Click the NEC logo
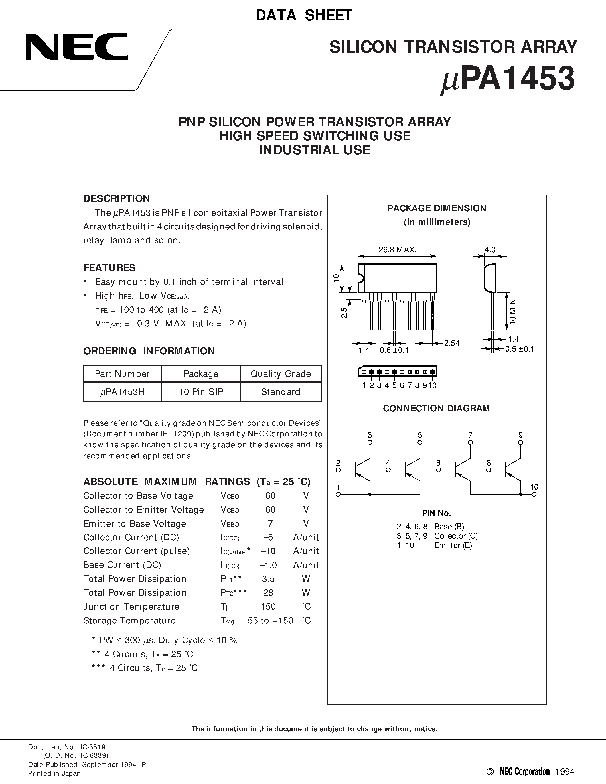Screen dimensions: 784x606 pos(76,47)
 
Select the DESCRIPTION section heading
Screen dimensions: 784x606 pos(117,198)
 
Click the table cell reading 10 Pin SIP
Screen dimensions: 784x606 pos(201,392)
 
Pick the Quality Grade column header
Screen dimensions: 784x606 pos(280,374)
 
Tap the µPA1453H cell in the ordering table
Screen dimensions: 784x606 pos(122,392)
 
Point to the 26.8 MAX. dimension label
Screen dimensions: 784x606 pos(397,249)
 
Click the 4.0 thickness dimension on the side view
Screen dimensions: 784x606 pos(490,249)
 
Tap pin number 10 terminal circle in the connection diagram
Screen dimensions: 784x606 pos(534,495)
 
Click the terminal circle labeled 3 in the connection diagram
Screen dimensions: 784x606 pos(370,443)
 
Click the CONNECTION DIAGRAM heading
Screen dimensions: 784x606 pos(436,408)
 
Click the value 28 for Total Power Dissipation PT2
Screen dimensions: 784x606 pos(268,593)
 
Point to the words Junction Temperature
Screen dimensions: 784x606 pos(131,607)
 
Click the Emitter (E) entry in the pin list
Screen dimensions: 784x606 pos(453,545)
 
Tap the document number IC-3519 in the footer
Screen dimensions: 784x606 pos(93,747)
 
